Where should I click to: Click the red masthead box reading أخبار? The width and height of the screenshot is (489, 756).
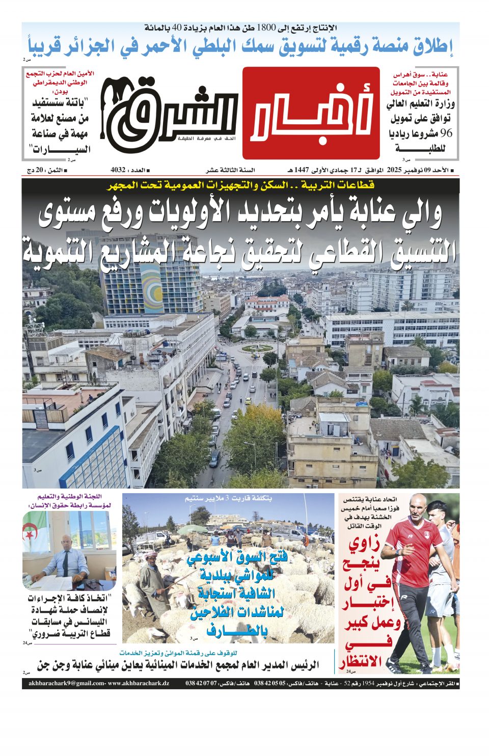311,113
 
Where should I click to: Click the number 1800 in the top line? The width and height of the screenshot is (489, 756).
265,28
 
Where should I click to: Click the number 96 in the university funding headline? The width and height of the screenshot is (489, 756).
445,134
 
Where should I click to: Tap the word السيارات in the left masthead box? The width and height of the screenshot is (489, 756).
61,150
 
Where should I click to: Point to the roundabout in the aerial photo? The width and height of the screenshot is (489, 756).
257,348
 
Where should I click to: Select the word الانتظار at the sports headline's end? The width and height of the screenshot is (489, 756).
361,662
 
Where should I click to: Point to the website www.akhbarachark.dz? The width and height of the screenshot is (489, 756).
139,684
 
